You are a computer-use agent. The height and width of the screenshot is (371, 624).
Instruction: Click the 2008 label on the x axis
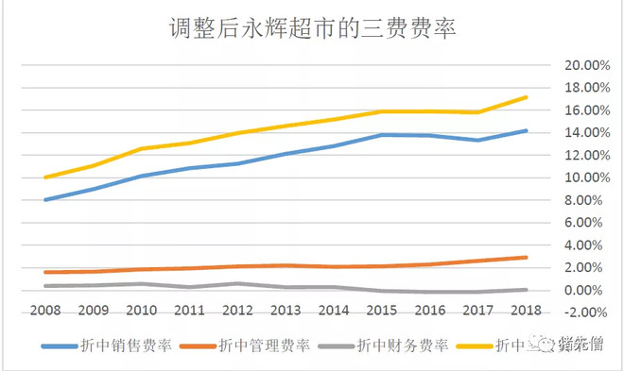click(44, 311)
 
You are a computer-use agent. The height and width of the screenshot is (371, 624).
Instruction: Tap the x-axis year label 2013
click(285, 311)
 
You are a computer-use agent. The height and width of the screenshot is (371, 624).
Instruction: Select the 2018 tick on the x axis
click(526, 311)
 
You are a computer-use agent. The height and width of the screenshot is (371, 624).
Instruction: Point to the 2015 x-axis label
click(381, 311)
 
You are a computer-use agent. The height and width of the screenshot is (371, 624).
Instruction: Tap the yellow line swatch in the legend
click(477, 346)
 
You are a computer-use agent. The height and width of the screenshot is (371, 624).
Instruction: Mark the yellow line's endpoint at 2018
click(526, 97)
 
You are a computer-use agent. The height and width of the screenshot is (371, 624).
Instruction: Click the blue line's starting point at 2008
click(44, 200)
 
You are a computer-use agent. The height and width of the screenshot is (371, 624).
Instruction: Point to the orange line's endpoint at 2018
click(526, 258)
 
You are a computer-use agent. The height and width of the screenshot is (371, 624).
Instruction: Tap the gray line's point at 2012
click(237, 283)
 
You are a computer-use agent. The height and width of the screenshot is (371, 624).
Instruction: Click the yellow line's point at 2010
click(141, 149)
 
